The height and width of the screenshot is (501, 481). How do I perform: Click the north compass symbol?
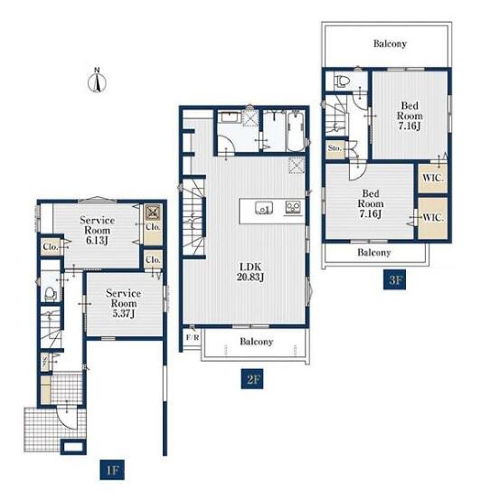tap(97, 80)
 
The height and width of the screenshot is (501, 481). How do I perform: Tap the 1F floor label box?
tap(112, 469)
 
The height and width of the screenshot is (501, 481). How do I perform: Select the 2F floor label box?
tap(252, 379)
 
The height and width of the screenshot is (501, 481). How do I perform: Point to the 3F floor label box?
tap(394, 280)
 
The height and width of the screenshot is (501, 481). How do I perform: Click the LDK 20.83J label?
tap(250, 271)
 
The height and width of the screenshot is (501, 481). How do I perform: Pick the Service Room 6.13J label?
tap(97, 230)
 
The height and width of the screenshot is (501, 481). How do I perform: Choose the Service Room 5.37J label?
tap(123, 303)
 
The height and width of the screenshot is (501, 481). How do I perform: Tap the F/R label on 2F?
tap(193, 337)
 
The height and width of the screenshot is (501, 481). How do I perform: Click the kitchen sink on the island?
tap(264, 208)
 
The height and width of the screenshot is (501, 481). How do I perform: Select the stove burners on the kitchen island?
tap(293, 207)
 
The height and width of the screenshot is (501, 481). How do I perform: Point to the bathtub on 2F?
tap(296, 131)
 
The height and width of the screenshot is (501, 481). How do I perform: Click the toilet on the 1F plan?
tap(50, 293)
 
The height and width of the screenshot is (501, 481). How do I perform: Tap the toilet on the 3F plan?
tap(342, 81)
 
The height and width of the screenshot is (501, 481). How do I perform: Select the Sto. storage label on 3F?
tap(335, 148)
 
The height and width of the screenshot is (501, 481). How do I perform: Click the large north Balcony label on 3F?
tap(390, 43)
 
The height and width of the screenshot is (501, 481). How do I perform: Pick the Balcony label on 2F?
tap(256, 342)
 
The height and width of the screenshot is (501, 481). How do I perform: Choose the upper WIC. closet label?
tap(433, 177)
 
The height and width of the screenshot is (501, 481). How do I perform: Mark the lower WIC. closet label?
tap(433, 218)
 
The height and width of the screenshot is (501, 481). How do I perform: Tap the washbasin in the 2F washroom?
tap(230, 117)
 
